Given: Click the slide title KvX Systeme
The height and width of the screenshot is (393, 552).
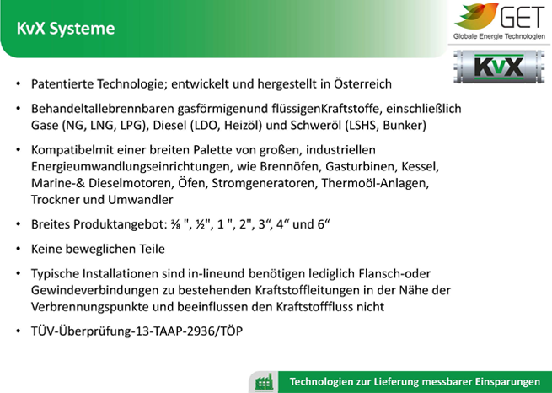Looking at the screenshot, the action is (x=66, y=29).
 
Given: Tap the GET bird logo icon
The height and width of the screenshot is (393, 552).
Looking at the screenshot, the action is (x=476, y=16).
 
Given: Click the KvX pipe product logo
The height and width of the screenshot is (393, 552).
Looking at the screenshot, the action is (x=499, y=67).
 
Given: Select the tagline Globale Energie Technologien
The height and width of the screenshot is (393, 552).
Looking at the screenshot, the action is (x=499, y=36).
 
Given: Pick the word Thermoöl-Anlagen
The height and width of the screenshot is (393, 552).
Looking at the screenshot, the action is (x=375, y=183).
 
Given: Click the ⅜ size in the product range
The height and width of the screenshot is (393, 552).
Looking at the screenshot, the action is (x=175, y=224).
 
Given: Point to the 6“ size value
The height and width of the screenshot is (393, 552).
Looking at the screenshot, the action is (x=324, y=224).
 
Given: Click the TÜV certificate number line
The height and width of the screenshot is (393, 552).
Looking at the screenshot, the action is (x=137, y=331).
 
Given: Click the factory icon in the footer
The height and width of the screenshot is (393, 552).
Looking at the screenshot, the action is (x=264, y=382).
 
